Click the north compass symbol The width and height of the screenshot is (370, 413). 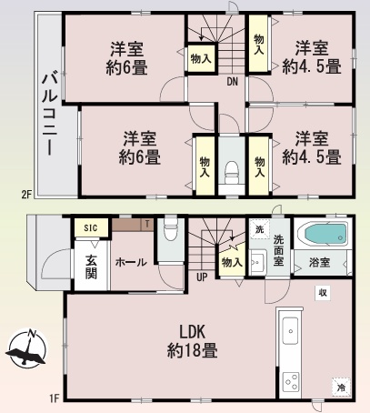point(26,348)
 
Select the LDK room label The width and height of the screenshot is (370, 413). point(193,341)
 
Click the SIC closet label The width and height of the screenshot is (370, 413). point(91,227)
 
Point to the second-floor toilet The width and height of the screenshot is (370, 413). point(232,172)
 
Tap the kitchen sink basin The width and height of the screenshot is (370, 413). point(290,331)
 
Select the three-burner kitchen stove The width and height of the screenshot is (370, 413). point(291,382)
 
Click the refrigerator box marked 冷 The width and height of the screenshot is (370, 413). point(341,387)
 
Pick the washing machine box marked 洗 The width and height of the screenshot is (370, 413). point(259,229)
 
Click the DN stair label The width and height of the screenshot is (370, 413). point(233,82)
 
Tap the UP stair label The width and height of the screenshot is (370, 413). point(202,277)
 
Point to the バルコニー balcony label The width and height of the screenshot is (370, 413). point(50,115)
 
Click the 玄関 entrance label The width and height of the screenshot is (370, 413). point(91,267)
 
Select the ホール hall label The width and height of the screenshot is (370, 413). point(131,262)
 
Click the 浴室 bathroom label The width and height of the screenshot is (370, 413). point(319,262)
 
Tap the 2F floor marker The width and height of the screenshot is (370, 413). point(26,194)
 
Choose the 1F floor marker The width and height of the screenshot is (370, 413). point(54,398)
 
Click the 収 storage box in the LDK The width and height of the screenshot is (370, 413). point(323,293)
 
